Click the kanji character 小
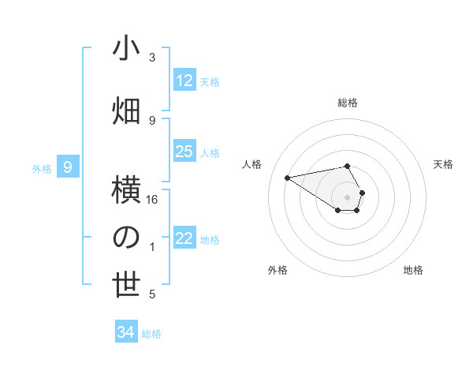[x=126, y=48]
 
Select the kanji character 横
[x=126, y=190]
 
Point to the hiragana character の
[x=126, y=237]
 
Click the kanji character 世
[x=126, y=285]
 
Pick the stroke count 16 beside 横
[x=153, y=200]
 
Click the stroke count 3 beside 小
[x=152, y=58]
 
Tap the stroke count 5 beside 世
[x=152, y=294]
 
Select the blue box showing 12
[x=184, y=81]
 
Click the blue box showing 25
[x=184, y=152]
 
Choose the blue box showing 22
[x=184, y=239]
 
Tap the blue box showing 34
[x=125, y=332]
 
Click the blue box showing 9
[x=69, y=167]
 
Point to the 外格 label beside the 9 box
[x=42, y=168]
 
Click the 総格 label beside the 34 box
[x=151, y=334]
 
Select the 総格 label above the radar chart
[x=347, y=103]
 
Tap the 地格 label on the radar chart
[x=413, y=270]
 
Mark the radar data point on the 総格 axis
[x=347, y=166]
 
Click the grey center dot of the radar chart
[x=347, y=197]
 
